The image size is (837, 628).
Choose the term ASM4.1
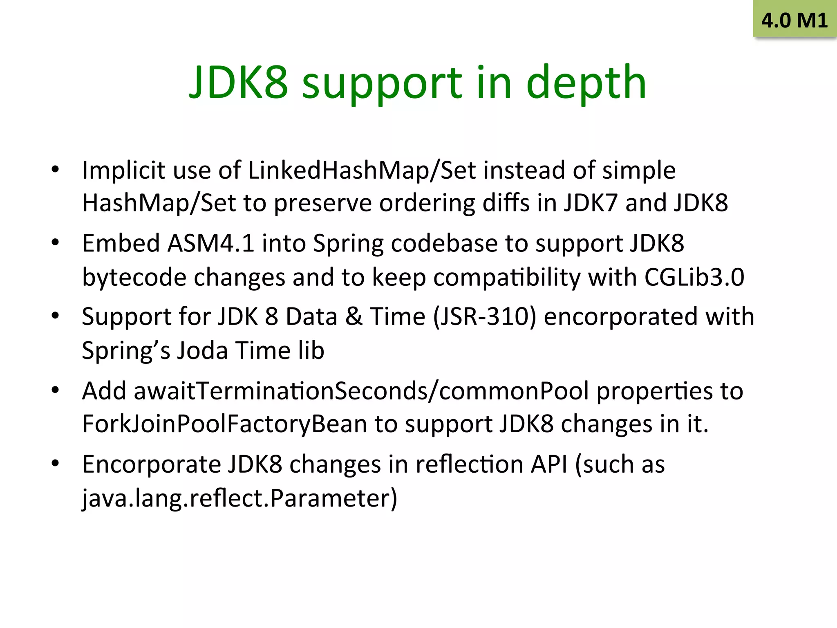tap(211, 243)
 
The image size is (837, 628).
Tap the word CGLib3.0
tap(694, 277)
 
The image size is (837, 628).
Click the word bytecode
tap(134, 277)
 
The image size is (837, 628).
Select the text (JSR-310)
tap(484, 316)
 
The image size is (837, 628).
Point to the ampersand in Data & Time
tap(354, 316)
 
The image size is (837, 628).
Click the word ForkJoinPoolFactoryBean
tap(224, 424)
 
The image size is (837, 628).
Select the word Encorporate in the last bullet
tap(151, 464)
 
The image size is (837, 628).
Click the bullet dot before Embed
tap(55, 242)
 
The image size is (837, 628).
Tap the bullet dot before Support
tap(55, 316)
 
